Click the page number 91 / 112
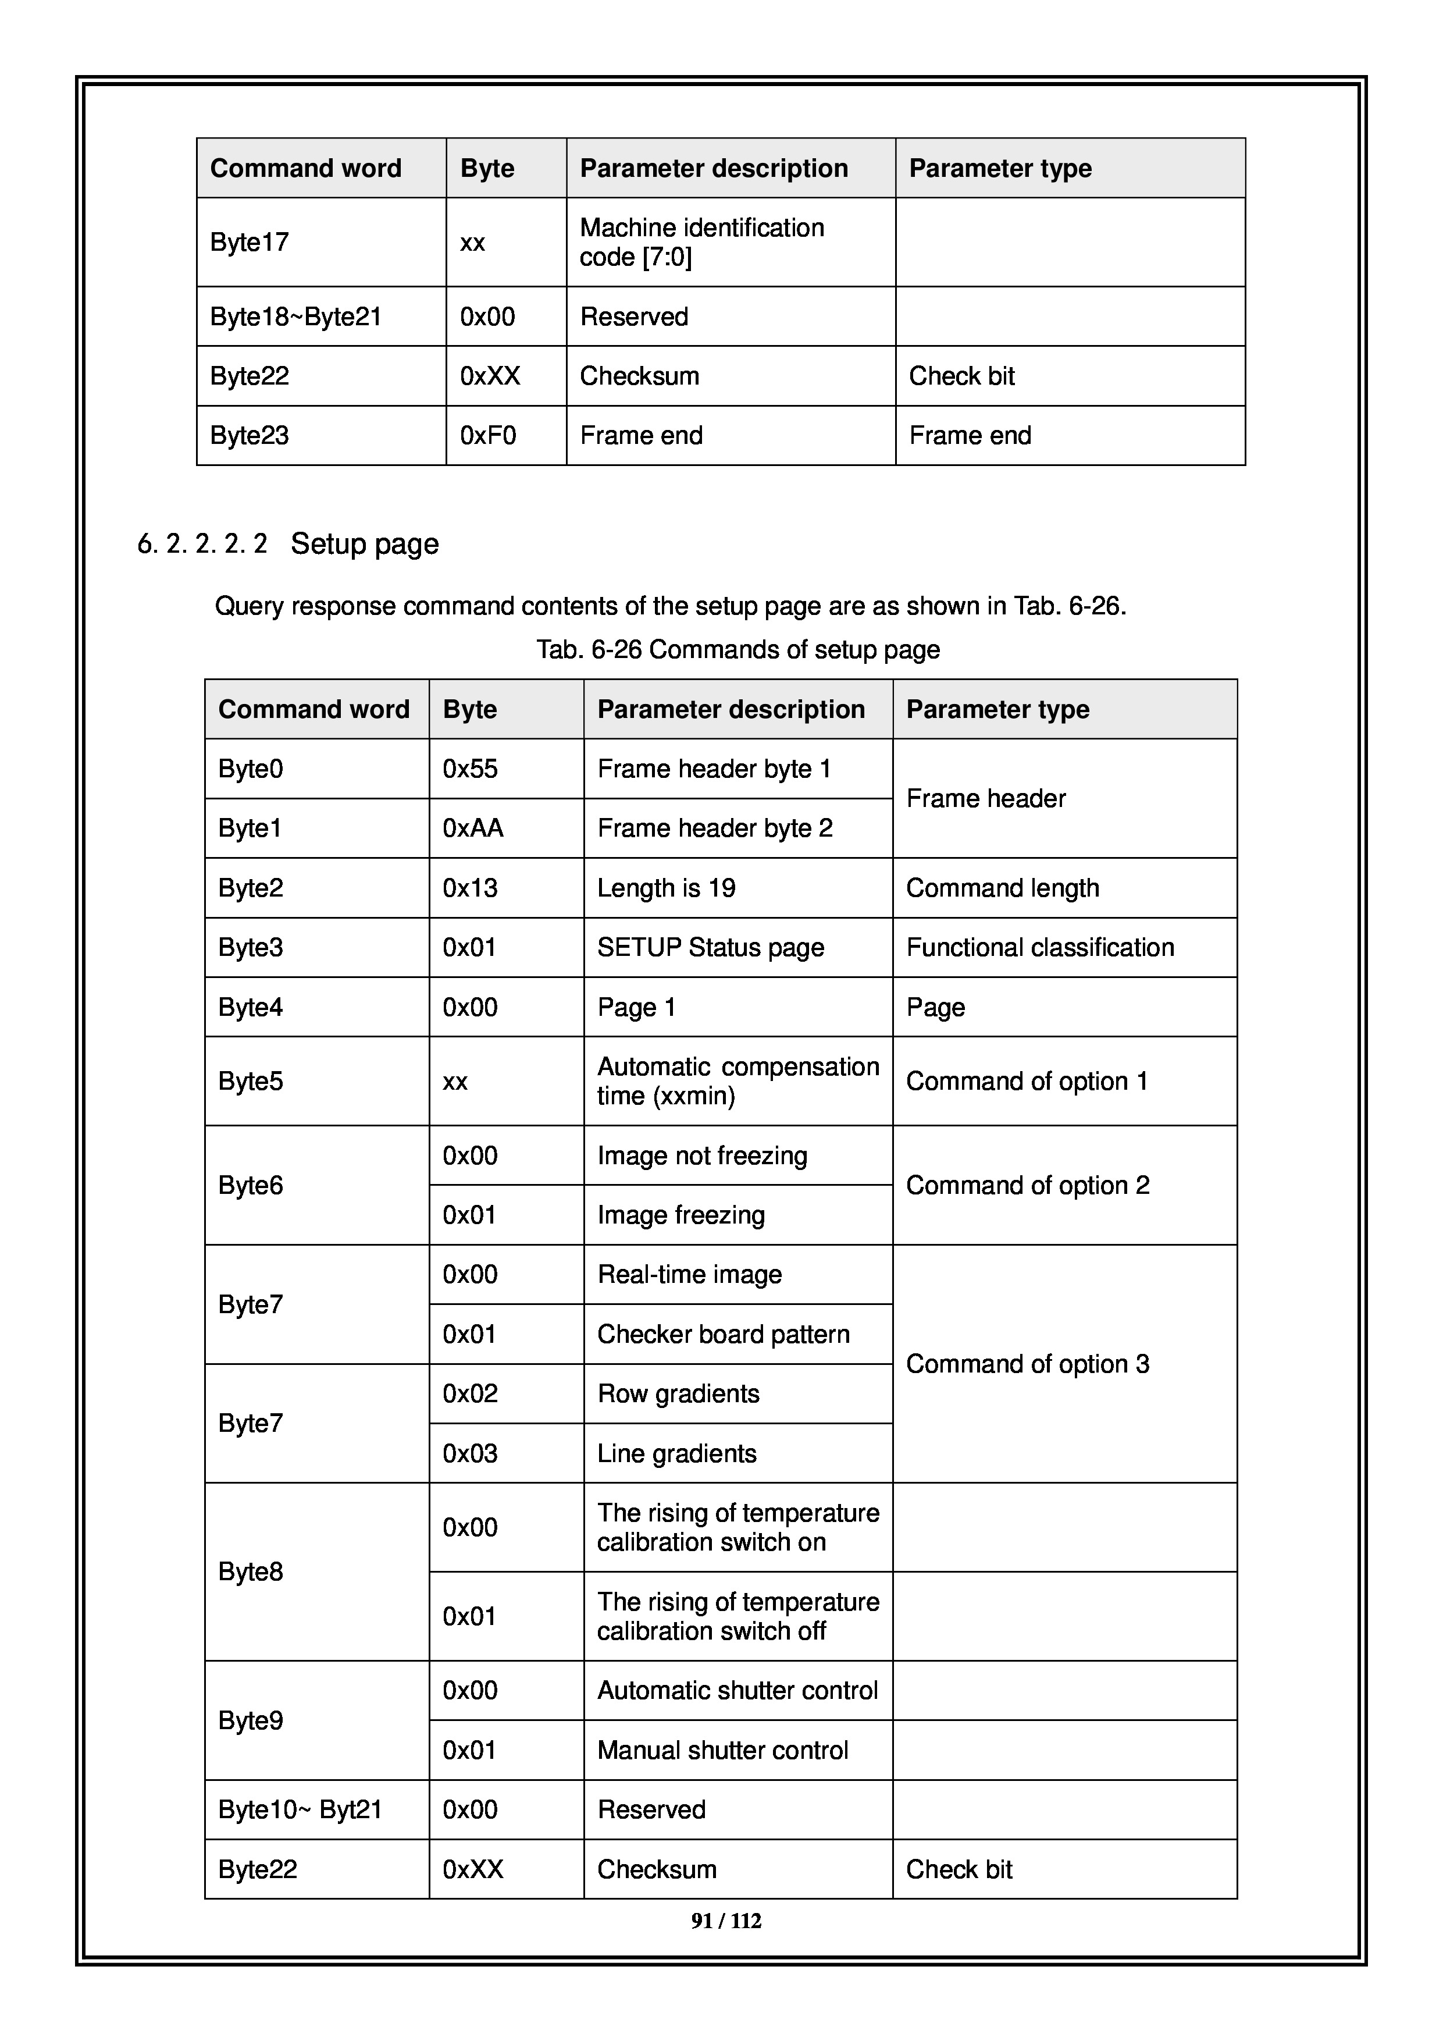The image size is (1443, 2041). (726, 1921)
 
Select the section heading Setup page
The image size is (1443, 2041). (364, 543)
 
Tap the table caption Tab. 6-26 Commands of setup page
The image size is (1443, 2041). (737, 650)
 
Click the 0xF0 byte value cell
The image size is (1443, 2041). (488, 436)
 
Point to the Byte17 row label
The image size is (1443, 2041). (250, 242)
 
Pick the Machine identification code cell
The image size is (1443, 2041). (702, 242)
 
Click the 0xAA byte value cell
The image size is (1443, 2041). (473, 829)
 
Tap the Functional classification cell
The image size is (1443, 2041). (1039, 948)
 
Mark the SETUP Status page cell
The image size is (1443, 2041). (710, 948)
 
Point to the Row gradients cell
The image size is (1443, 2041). (678, 1394)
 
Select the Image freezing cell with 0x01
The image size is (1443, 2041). (680, 1215)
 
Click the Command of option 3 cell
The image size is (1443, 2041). (1027, 1364)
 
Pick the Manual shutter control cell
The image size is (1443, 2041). (722, 1750)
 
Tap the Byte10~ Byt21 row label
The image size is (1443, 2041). (300, 1810)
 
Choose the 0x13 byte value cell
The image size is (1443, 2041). (470, 888)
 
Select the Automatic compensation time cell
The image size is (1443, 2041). (737, 1081)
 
